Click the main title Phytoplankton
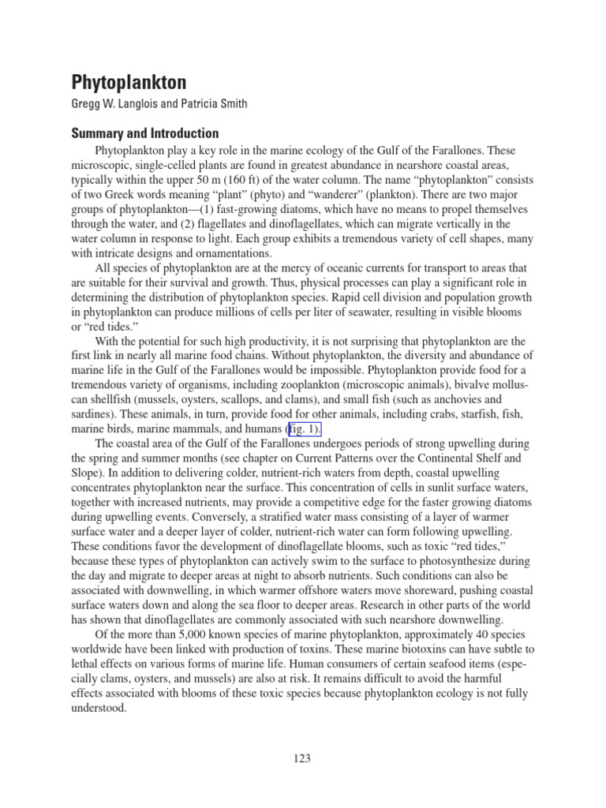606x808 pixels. coord(130,82)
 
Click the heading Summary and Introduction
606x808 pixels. coord(146,133)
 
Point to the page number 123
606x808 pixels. coord(302,758)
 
